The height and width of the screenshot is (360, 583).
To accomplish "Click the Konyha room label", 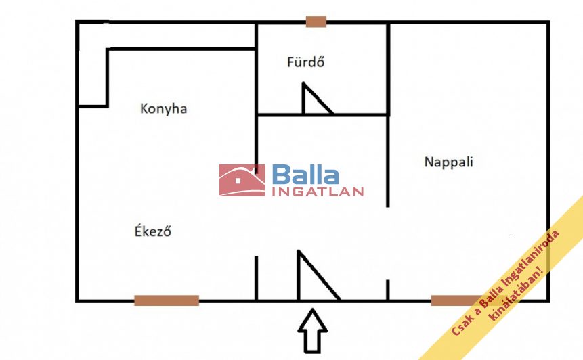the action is coord(163,108).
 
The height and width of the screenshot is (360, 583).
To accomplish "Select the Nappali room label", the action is coord(448,162).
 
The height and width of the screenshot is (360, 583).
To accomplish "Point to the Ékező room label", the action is coord(152,231).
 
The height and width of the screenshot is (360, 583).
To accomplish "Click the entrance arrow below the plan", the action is coord(312,331).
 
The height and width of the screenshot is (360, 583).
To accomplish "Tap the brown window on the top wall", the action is coord(316,22).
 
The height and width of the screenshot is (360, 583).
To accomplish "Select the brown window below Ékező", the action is coord(167,300).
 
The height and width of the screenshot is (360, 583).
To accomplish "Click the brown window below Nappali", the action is coord(455,300).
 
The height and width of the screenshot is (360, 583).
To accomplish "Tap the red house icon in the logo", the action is coord(242,180).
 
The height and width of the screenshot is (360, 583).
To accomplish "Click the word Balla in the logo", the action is coord(305,175).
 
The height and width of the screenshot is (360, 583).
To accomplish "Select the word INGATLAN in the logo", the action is coord(318,192).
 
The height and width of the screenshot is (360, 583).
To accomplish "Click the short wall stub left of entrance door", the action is coord(256,277).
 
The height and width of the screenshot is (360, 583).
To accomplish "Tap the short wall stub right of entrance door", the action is coord(387,290).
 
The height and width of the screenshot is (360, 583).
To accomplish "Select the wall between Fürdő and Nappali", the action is coord(388,68).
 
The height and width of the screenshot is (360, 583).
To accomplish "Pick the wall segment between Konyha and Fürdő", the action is coord(256,74).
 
